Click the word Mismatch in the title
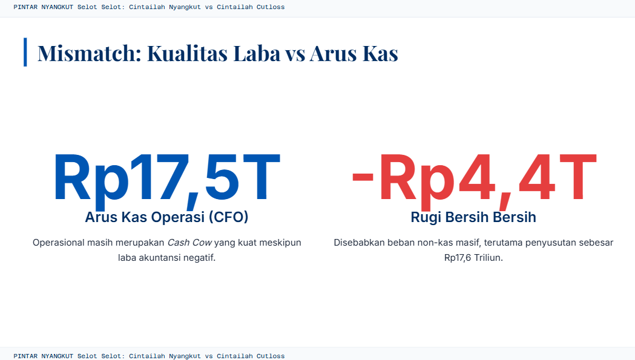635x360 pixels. point(90,53)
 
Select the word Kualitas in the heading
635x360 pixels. point(187,53)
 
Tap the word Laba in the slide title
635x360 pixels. point(257,53)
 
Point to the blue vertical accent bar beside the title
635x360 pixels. point(25,52)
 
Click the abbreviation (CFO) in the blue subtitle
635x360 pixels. point(228,217)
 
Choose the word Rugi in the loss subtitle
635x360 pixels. point(426,217)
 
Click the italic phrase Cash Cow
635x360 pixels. point(189,243)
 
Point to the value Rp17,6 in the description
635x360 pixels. point(458,258)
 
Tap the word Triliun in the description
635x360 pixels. point(489,258)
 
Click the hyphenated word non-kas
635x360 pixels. point(432,243)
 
